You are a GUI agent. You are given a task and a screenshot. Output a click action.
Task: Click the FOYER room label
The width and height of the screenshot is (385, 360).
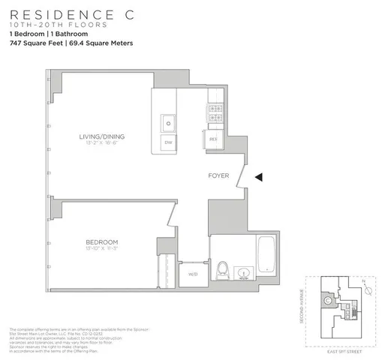tap(219, 177)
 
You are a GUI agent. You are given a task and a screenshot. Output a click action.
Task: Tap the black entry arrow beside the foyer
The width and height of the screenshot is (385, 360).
tap(258, 177)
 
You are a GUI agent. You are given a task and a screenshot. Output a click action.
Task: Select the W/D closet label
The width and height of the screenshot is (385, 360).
tap(192, 273)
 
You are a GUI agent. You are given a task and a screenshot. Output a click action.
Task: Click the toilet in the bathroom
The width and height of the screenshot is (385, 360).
tap(222, 269)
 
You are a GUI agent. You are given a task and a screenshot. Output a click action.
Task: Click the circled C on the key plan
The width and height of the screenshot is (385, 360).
tap(328, 301)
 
